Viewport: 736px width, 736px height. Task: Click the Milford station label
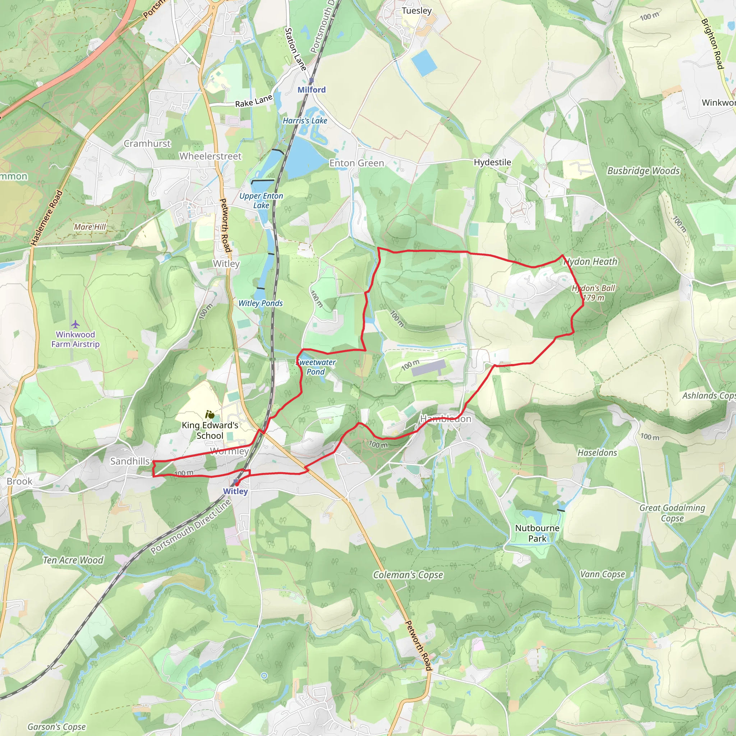[312, 90]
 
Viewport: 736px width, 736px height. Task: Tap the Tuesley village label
[417, 11]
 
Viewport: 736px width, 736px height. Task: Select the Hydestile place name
[492, 162]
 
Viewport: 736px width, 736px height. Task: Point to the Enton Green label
[356, 163]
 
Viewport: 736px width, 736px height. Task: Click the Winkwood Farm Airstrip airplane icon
[75, 324]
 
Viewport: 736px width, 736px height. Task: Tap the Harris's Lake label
[305, 121]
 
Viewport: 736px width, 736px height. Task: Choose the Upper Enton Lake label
[261, 201]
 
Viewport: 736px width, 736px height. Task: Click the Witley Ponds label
[261, 303]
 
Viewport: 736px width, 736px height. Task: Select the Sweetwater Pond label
[316, 367]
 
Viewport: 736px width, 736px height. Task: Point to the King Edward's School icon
[210, 414]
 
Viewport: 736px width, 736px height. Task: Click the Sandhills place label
[130, 461]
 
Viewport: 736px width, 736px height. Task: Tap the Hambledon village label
[446, 419]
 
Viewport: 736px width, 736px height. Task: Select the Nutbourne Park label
[537, 533]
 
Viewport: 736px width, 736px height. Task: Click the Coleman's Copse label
[408, 575]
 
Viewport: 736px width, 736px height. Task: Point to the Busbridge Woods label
[643, 171]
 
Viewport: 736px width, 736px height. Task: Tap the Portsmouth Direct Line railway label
[190, 526]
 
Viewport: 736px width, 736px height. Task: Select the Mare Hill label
[90, 227]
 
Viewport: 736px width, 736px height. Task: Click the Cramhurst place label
[147, 144]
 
